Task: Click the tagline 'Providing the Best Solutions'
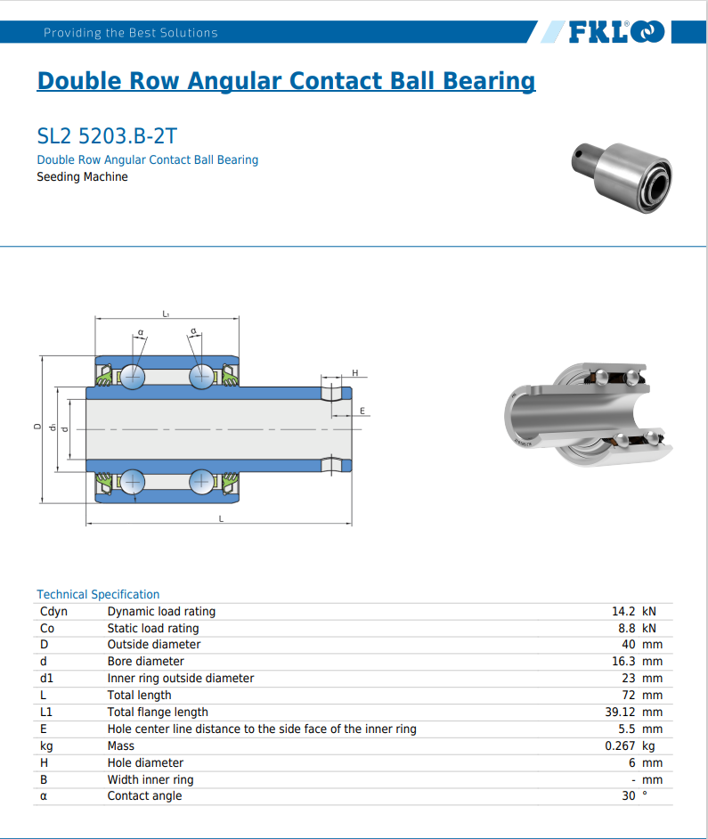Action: tap(131, 33)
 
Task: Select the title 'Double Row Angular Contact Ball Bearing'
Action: tap(286, 81)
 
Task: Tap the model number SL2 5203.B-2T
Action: tap(107, 136)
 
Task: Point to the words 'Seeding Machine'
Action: tap(82, 176)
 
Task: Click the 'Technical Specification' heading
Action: tap(98, 594)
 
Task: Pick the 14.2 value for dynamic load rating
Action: tap(623, 611)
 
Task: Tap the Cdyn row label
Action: tap(53, 611)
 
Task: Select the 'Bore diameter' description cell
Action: tap(145, 661)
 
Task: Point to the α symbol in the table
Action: tap(44, 796)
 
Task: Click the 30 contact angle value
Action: tap(628, 795)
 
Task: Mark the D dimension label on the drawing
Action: tap(37, 427)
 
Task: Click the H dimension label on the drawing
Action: tap(354, 372)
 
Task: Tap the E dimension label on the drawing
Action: tap(362, 411)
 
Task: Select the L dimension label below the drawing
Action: tap(221, 518)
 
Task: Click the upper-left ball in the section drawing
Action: tap(134, 376)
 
